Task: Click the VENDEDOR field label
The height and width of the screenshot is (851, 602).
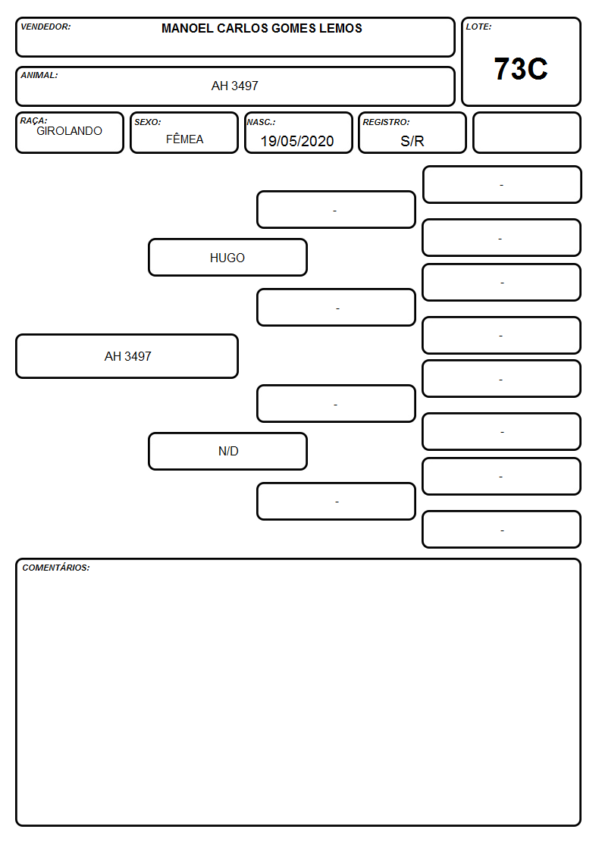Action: (45, 27)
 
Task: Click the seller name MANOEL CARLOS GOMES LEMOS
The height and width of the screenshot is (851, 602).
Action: (262, 28)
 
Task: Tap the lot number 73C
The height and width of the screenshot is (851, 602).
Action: (521, 69)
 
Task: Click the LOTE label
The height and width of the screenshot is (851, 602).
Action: (478, 27)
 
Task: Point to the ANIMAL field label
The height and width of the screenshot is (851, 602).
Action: (39, 76)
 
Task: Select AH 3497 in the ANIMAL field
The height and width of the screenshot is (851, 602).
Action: (235, 86)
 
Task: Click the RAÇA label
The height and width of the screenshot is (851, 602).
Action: (33, 120)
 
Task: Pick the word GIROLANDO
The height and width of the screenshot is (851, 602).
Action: (69, 131)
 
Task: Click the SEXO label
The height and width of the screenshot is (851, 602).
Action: (148, 122)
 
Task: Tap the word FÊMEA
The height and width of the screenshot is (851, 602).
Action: (184, 139)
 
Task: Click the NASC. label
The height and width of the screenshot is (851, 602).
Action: (261, 122)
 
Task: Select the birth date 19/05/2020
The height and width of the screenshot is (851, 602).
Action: (297, 141)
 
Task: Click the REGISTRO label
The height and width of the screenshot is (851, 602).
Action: (386, 122)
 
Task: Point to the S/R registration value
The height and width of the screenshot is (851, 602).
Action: (412, 141)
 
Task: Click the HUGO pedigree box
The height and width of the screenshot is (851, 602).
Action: (228, 257)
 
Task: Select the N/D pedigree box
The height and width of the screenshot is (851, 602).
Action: (228, 451)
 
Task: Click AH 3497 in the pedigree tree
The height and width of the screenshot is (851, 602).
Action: (128, 356)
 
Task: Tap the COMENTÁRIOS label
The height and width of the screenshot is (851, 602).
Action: (56, 568)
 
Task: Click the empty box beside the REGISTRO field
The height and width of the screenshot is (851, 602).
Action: (526, 133)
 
